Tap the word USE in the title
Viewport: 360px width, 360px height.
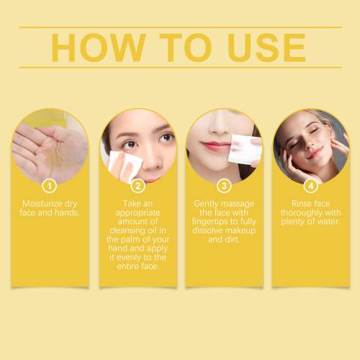266,48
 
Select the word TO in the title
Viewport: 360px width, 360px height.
186,48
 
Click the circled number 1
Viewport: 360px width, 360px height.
50,186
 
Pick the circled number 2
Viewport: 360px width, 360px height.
138,186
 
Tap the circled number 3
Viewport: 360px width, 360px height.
224,186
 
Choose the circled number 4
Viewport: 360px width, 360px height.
310,186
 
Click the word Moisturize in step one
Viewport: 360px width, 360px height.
40,204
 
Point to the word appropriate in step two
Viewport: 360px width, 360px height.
138,213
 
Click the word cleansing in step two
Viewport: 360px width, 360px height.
127,230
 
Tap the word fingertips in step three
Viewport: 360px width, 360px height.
211,222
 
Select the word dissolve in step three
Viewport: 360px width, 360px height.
207,230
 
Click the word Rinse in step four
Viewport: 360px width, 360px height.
301,204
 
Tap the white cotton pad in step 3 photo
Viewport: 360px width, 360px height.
244,149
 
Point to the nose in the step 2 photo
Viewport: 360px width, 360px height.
152,159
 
